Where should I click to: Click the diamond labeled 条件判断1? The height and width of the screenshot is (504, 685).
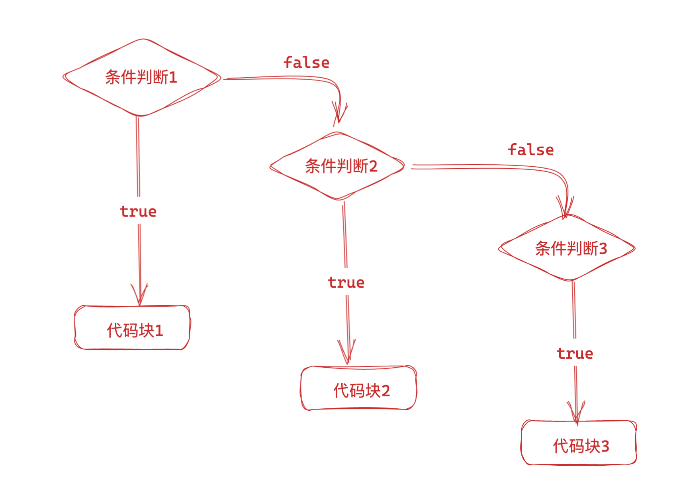coord(141,77)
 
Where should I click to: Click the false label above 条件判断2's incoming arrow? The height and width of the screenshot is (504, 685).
coord(306,63)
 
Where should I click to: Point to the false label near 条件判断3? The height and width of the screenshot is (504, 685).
coord(530,150)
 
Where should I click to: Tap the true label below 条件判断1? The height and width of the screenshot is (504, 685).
coord(138,211)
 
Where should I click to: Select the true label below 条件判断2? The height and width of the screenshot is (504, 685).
coord(346,282)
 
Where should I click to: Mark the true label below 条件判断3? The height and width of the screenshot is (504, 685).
coord(575,353)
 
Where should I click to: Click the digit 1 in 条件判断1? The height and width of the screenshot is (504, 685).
coord(173,77)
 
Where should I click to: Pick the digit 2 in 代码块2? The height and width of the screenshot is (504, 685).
coord(386,391)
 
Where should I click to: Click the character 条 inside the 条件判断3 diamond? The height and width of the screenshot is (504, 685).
coord(542,248)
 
